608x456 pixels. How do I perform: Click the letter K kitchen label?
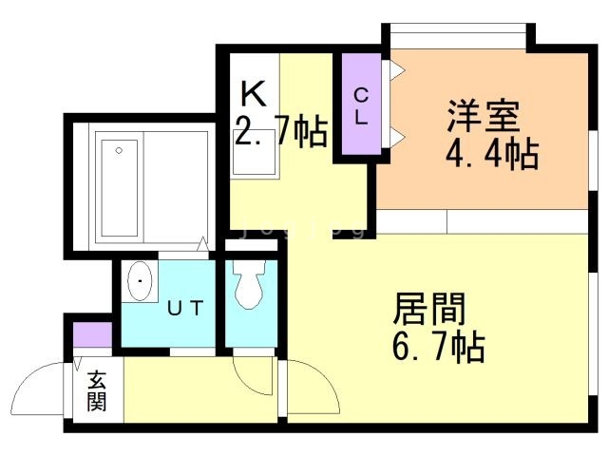252,94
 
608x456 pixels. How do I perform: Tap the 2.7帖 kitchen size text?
281,131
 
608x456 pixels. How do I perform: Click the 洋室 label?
484,118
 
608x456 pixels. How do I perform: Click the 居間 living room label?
429,310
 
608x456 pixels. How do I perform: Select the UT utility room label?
184,308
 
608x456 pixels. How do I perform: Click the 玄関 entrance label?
96,390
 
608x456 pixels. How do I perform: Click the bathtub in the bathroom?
118,188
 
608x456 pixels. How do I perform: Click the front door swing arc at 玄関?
43,380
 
